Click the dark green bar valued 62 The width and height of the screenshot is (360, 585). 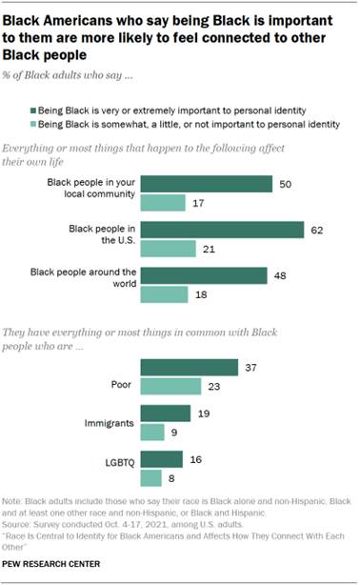(222, 230)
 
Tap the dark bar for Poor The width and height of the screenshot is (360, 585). (189, 367)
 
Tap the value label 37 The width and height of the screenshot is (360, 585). (250, 367)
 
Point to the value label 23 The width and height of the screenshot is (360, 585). (214, 386)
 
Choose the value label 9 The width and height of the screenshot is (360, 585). (173, 432)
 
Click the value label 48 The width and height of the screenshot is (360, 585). (280, 276)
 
